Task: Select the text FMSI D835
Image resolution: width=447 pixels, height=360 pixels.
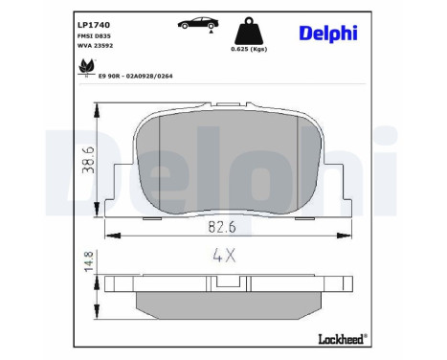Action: [x=92, y=34]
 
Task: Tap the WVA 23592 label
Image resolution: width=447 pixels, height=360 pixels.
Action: [x=93, y=47]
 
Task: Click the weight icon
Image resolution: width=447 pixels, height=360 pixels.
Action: [x=250, y=28]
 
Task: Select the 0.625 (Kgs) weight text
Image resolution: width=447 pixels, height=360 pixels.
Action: [x=250, y=49]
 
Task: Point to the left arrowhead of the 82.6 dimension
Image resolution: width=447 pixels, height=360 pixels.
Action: [x=107, y=235]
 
